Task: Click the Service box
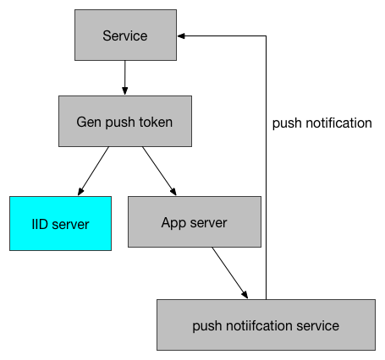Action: click(125, 35)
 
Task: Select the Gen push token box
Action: click(125, 121)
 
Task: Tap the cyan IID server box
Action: click(60, 223)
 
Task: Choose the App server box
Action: click(195, 221)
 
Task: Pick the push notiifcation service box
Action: click(266, 325)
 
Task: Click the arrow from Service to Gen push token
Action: click(125, 78)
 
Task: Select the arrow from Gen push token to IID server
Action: click(93, 171)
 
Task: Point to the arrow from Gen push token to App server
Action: click(159, 171)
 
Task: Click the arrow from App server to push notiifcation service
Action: click(230, 273)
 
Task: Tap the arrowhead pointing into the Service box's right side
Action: click(181, 36)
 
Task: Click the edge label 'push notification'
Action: click(322, 123)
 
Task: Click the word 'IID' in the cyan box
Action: click(40, 224)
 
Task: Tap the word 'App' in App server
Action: click(173, 223)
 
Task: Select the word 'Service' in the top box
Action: click(125, 35)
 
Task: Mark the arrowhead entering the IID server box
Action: click(80, 192)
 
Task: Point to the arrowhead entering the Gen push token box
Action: click(125, 91)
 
